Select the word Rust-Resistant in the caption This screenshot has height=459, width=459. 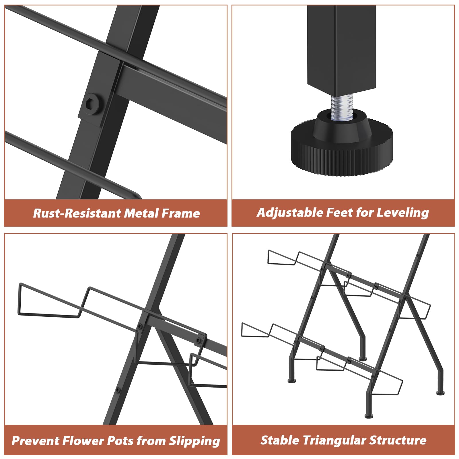click(77, 213)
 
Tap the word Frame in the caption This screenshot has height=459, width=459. click(180, 213)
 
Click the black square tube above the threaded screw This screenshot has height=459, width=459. click(341, 48)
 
